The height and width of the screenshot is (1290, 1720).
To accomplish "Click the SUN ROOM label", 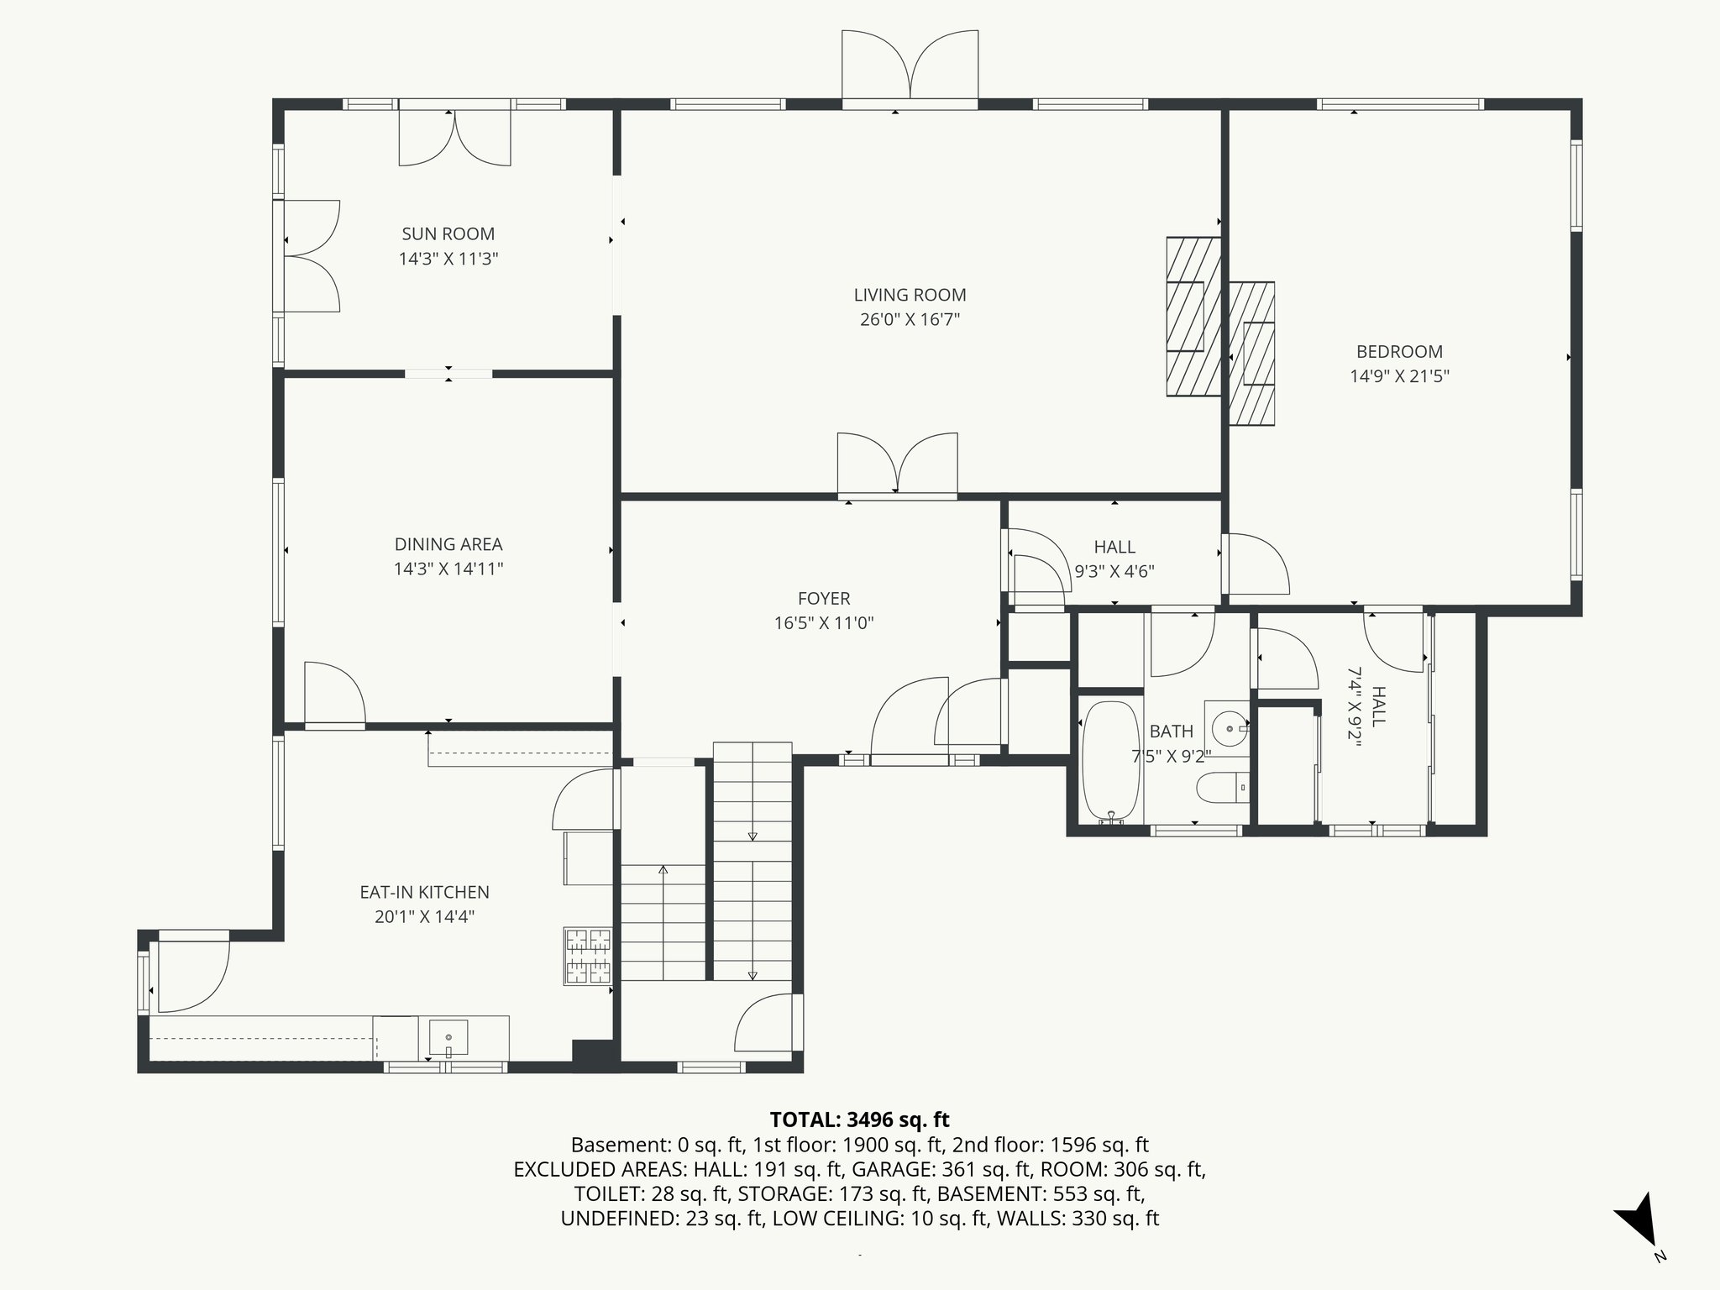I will point(448,234).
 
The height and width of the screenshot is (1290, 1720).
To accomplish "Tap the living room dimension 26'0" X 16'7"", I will point(910,320).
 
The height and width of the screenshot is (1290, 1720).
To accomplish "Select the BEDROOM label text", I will point(1399,352).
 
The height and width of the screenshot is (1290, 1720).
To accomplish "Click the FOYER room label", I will point(824,599).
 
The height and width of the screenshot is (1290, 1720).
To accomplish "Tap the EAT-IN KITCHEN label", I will point(424,893).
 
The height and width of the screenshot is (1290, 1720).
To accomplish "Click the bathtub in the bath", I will point(1110,761).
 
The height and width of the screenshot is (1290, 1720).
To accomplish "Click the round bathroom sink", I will point(1228,725).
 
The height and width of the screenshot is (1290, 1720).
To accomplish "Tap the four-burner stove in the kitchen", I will point(588,955).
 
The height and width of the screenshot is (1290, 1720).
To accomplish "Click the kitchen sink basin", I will point(448,1038).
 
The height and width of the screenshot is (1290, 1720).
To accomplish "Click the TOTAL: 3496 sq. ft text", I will point(859,1120).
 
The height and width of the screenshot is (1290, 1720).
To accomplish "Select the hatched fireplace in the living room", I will point(1193,317).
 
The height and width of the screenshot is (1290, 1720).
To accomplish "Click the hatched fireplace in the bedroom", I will point(1252,354).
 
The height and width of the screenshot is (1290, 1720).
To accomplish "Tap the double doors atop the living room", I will point(910,66).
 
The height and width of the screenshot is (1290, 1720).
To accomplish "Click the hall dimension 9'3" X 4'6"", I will point(1114,572).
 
